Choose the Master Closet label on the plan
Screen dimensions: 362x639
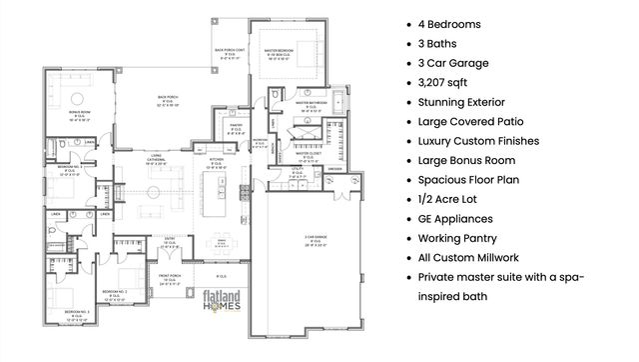coord(307,155)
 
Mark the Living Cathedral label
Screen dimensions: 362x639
coord(155,160)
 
